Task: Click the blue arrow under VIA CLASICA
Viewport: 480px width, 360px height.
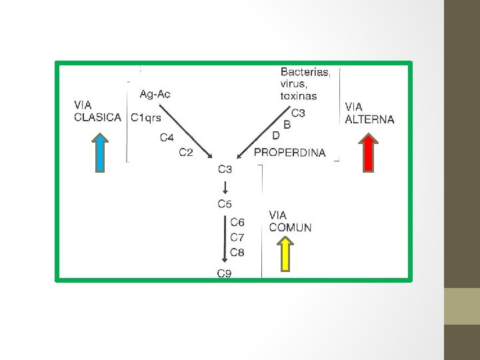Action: coord(99,153)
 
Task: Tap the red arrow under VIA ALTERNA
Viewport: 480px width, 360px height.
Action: coord(369,153)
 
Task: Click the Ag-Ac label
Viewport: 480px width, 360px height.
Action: coord(155,94)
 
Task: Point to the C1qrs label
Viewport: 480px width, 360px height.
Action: coord(146,117)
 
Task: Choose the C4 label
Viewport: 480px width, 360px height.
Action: coord(167,138)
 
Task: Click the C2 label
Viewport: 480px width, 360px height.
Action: coord(186,153)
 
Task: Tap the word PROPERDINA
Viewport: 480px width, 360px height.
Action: coord(290,153)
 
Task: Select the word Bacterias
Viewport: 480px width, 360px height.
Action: coord(305,72)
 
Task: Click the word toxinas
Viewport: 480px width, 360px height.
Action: coord(299,96)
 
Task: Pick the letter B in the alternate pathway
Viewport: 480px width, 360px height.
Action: coord(287,124)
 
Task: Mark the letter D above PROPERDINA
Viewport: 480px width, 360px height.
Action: coord(276,136)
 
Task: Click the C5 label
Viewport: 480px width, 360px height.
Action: coord(225,204)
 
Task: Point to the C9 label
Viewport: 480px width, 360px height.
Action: coord(225,273)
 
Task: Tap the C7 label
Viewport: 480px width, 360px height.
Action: coord(237,237)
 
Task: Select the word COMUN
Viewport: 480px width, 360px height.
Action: coord(290,227)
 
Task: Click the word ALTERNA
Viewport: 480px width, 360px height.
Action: coord(369,120)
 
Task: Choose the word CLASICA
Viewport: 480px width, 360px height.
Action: coord(98,117)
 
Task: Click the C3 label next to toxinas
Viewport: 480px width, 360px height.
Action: coord(298,113)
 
